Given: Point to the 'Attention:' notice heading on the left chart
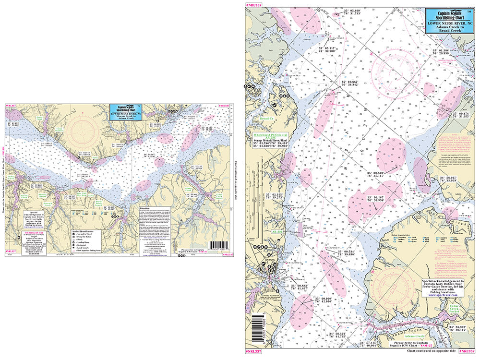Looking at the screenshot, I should [144, 208].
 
